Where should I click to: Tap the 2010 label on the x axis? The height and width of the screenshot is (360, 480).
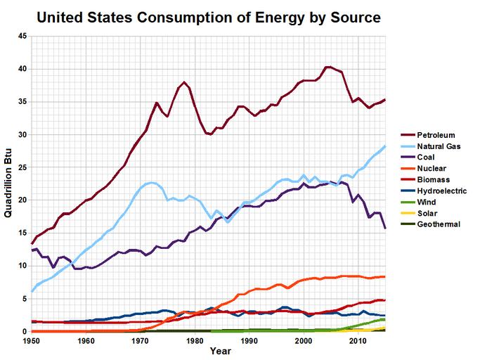(x=358, y=341)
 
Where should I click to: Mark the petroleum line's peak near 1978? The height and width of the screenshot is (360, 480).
(x=184, y=82)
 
